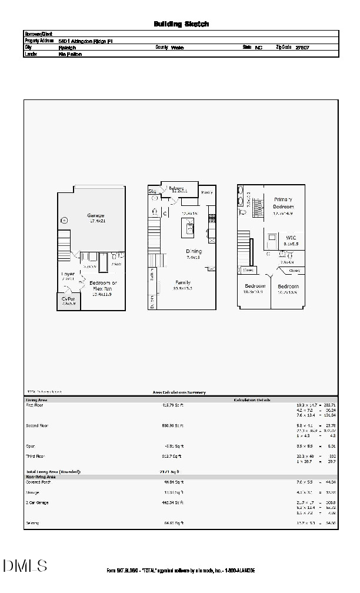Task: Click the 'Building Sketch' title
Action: (181, 24)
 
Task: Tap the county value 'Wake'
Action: (178, 48)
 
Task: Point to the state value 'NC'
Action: (258, 48)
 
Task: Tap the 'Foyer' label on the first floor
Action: (68, 274)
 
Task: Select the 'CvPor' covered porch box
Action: (68, 300)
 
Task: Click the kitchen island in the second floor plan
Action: (189, 226)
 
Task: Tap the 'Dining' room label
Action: (194, 251)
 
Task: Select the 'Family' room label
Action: (183, 282)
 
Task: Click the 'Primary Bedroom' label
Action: (283, 204)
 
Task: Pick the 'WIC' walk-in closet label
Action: (291, 238)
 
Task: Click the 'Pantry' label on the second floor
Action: (206, 192)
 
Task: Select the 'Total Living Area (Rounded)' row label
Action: (53, 472)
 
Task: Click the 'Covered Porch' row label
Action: (39, 482)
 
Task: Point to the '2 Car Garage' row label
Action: (37, 502)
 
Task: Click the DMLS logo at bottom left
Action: (25, 566)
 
